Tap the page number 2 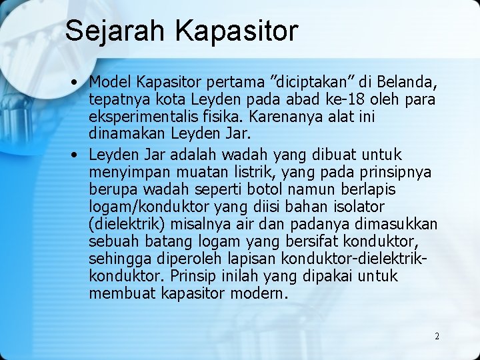(x=437, y=336)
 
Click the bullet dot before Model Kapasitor (x=77, y=82)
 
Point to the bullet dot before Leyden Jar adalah (x=77, y=154)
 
